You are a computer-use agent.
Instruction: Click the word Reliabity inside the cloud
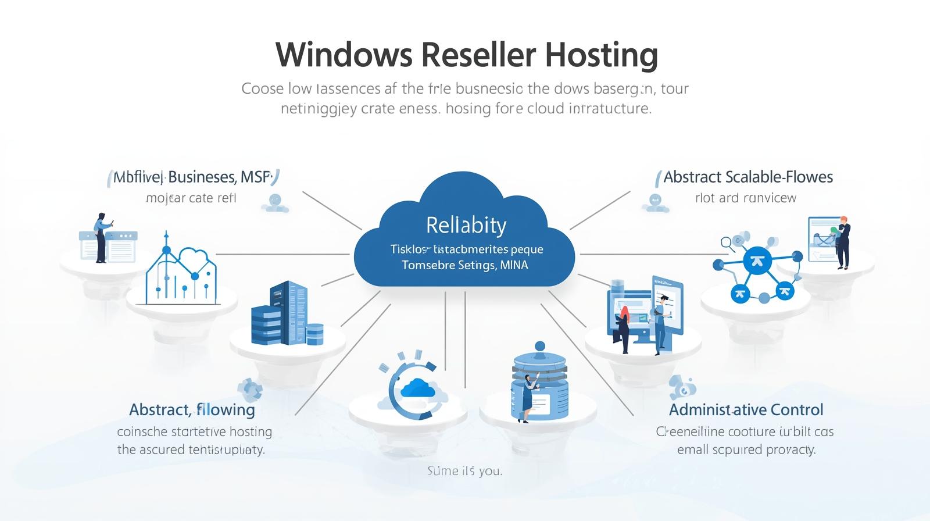[x=466, y=225]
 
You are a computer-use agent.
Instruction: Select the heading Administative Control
[x=746, y=409]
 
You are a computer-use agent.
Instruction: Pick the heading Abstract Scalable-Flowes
[x=748, y=177]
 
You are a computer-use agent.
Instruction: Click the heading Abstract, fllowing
[x=192, y=409]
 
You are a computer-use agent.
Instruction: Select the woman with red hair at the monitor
[x=624, y=329]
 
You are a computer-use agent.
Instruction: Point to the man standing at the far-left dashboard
[x=101, y=237]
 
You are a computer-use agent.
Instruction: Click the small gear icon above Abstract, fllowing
[x=250, y=388]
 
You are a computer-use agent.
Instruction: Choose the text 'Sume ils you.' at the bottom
[x=464, y=470]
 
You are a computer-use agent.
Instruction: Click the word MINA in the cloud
[x=514, y=265]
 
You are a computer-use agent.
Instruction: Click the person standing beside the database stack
[x=528, y=398]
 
